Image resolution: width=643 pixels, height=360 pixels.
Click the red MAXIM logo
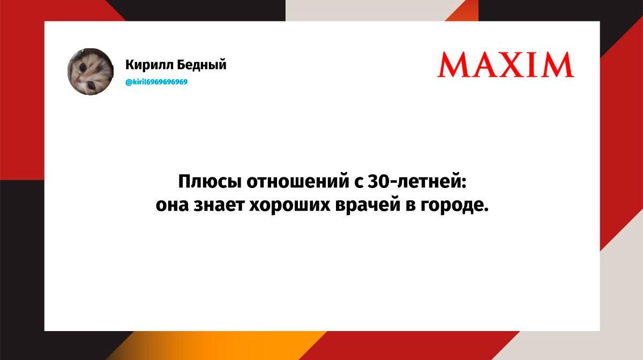506,64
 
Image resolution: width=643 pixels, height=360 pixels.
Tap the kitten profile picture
91,71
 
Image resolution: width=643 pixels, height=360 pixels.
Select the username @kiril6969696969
156,82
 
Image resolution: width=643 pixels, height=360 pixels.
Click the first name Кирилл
149,65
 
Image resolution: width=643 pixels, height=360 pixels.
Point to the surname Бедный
201,65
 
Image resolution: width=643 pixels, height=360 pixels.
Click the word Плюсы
210,182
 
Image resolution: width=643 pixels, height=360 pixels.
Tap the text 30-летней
415,182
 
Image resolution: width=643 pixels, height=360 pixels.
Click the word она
172,206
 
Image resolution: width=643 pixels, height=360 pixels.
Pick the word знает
219,206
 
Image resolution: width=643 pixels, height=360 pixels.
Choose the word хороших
290,206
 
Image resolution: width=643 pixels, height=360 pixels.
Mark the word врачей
368,206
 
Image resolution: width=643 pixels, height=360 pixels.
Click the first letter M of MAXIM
453,65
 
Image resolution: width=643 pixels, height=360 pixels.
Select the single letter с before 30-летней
359,184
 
